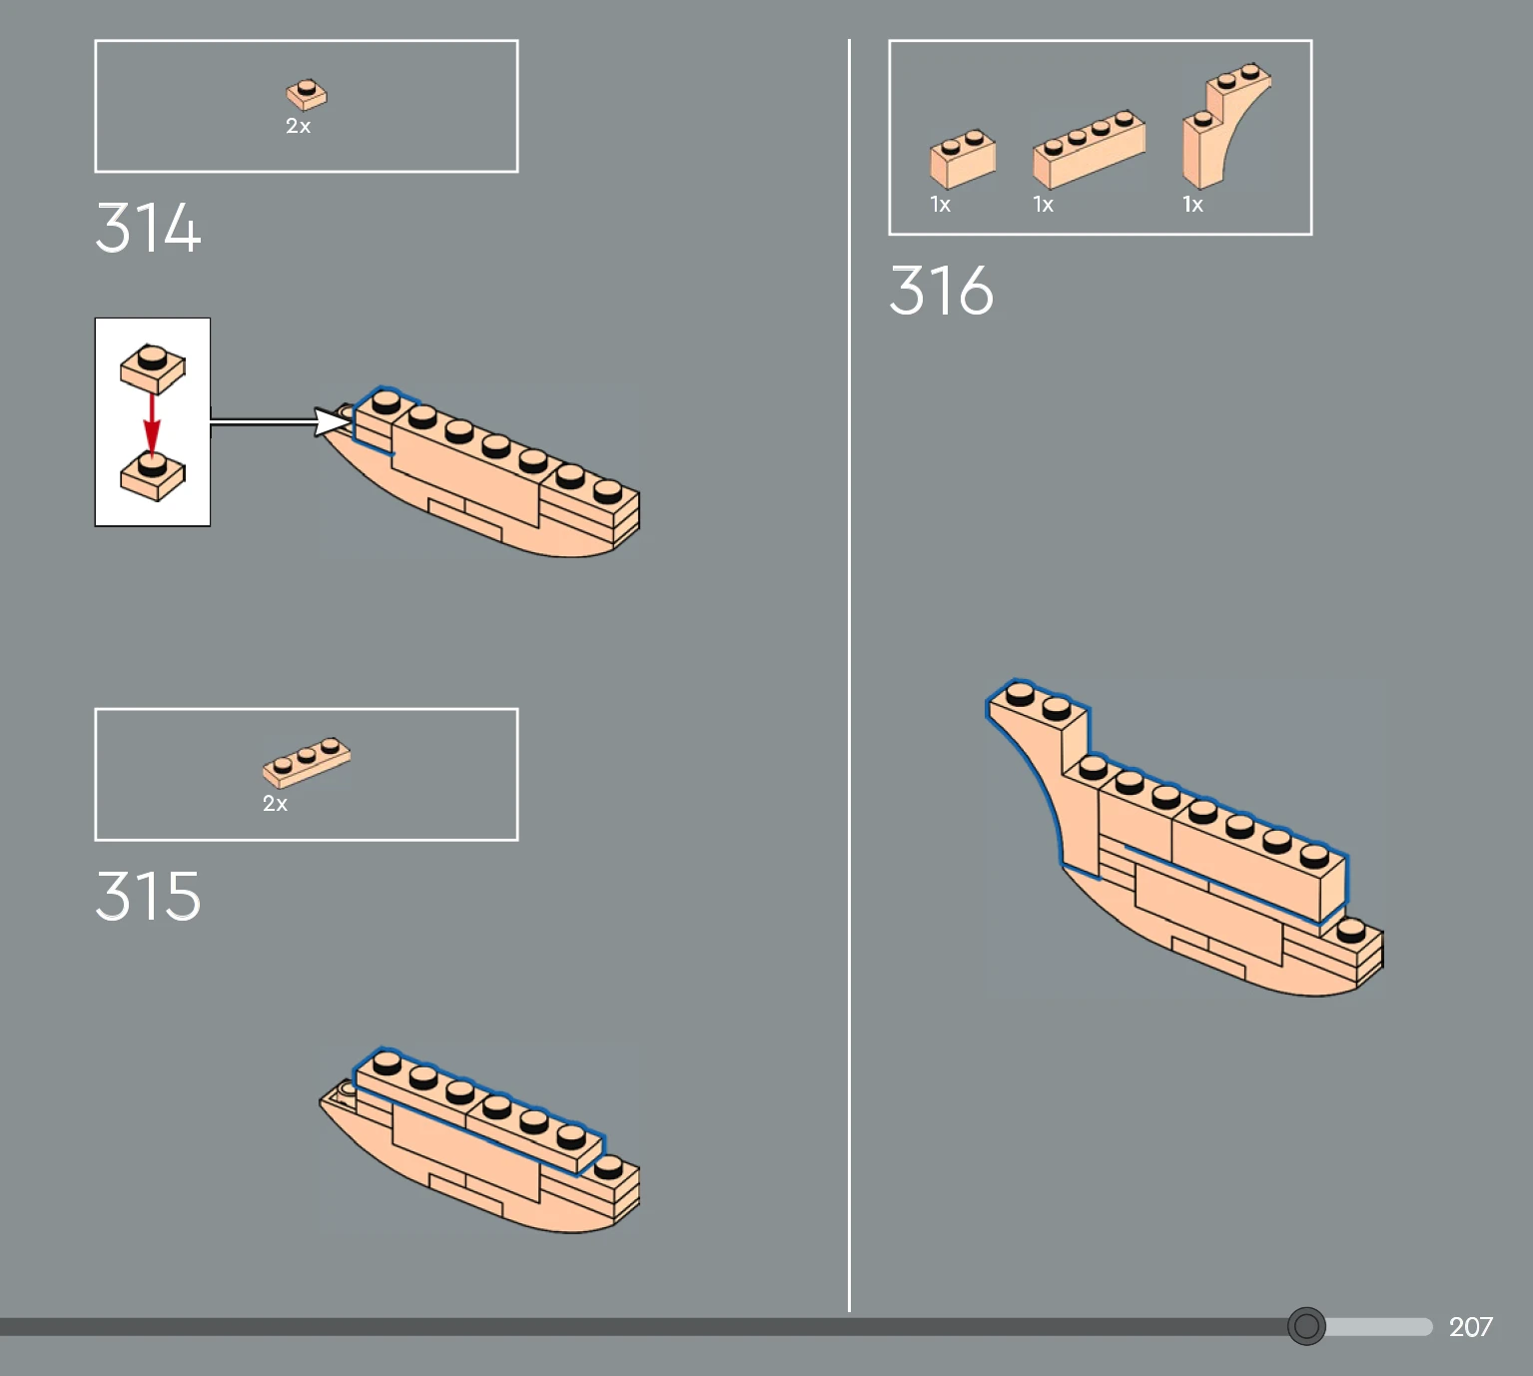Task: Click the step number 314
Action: pyautogui.click(x=148, y=227)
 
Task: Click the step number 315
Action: pyautogui.click(x=148, y=896)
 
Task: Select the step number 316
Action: pyautogui.click(x=942, y=291)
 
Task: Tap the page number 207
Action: pyautogui.click(x=1470, y=1326)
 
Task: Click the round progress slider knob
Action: pyautogui.click(x=1306, y=1326)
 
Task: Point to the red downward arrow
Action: pyautogui.click(x=152, y=424)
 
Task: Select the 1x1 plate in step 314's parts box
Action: pyautogui.click(x=307, y=95)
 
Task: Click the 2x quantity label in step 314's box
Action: pyautogui.click(x=299, y=126)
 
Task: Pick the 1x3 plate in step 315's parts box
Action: pyautogui.click(x=307, y=762)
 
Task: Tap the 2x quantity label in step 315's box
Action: pyautogui.click(x=275, y=804)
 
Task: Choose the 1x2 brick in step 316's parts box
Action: pyautogui.click(x=963, y=159)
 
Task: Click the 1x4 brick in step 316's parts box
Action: pyautogui.click(x=1089, y=150)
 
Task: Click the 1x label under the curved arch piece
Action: pyautogui.click(x=1192, y=205)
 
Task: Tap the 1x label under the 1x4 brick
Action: pyautogui.click(x=1043, y=205)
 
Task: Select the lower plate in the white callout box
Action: pyautogui.click(x=152, y=476)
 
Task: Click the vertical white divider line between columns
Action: pyautogui.click(x=849, y=676)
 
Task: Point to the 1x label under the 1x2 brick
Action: pyautogui.click(x=940, y=205)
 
